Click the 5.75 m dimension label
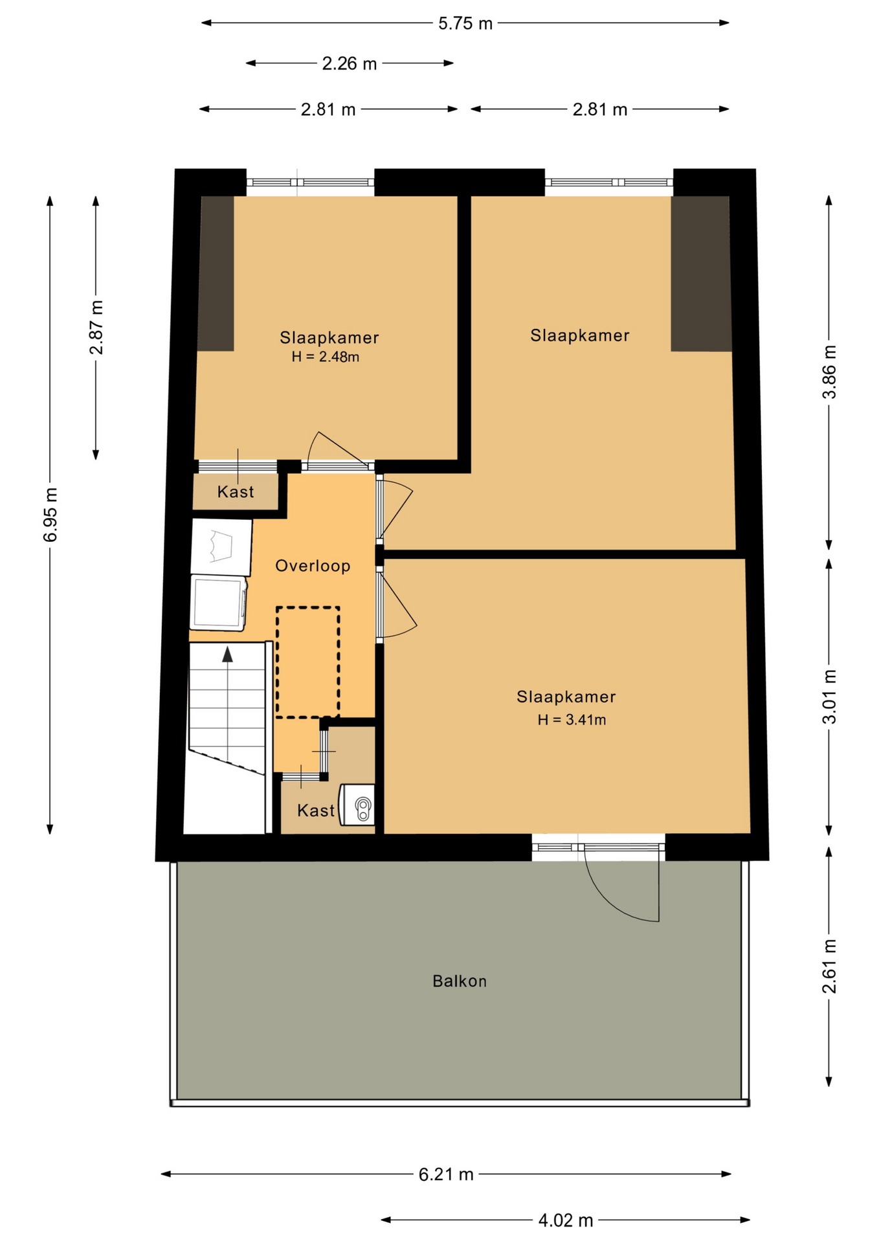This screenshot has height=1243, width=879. pyautogui.click(x=465, y=24)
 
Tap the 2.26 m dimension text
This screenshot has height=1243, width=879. pyautogui.click(x=350, y=63)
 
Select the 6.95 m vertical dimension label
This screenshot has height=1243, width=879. pyautogui.click(x=50, y=515)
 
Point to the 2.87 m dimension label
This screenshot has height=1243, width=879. pyautogui.click(x=96, y=328)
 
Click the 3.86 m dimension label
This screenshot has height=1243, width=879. pyautogui.click(x=829, y=372)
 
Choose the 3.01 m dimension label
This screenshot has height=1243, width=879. pyautogui.click(x=829, y=697)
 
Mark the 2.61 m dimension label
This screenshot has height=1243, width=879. pyautogui.click(x=829, y=966)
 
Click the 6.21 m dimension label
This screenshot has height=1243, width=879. pyautogui.click(x=446, y=1174)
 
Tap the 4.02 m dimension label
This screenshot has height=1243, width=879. pyautogui.click(x=566, y=1220)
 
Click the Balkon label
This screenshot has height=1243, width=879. pyautogui.click(x=460, y=981)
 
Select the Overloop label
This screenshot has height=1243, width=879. pyautogui.click(x=313, y=566)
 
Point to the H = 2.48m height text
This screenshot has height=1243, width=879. pyautogui.click(x=326, y=357)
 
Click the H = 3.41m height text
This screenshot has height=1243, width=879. pyautogui.click(x=572, y=720)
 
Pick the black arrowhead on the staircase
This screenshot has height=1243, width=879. pyautogui.click(x=227, y=655)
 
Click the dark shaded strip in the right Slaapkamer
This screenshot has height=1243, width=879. pyautogui.click(x=701, y=273)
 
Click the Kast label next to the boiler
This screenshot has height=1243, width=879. pyautogui.click(x=316, y=811)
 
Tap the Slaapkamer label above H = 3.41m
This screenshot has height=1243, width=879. pyautogui.click(x=566, y=697)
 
